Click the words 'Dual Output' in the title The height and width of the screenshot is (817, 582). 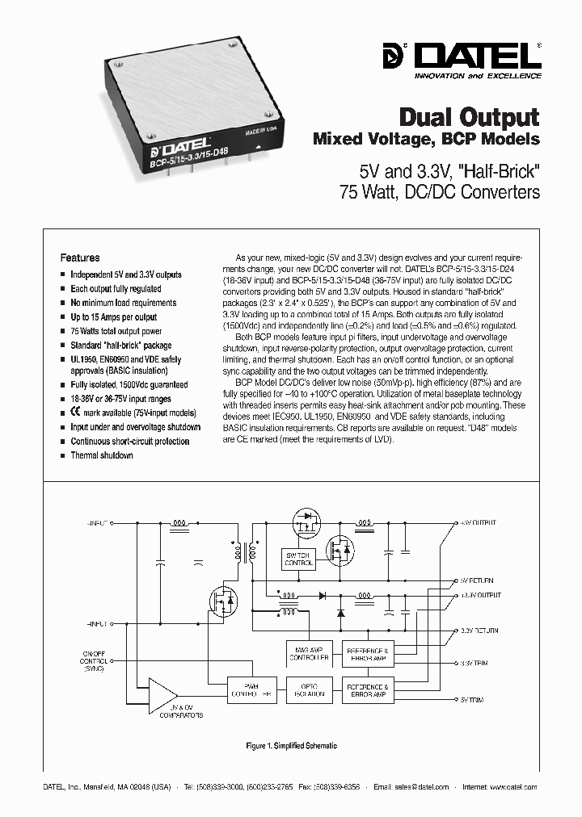[x=470, y=116]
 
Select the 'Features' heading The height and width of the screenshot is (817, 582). [x=80, y=258]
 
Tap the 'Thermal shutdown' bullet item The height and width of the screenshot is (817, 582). [x=101, y=455]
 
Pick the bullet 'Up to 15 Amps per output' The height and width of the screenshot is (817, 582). [x=113, y=317]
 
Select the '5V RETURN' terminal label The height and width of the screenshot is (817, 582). [x=477, y=580]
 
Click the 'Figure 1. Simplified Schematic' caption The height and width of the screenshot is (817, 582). [x=290, y=747]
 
